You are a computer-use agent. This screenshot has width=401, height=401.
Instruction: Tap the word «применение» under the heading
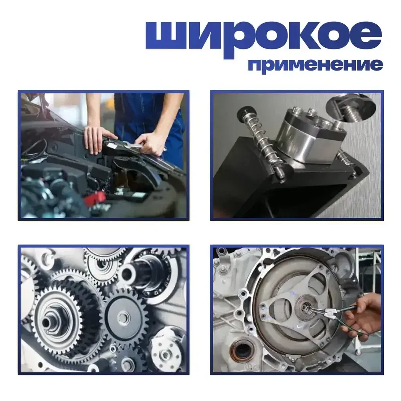pos(316,66)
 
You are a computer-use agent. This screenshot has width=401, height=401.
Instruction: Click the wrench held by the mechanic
pos(132,145)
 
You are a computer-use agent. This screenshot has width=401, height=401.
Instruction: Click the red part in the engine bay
pos(94,198)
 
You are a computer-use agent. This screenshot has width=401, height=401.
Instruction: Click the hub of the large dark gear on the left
pos(48,323)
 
